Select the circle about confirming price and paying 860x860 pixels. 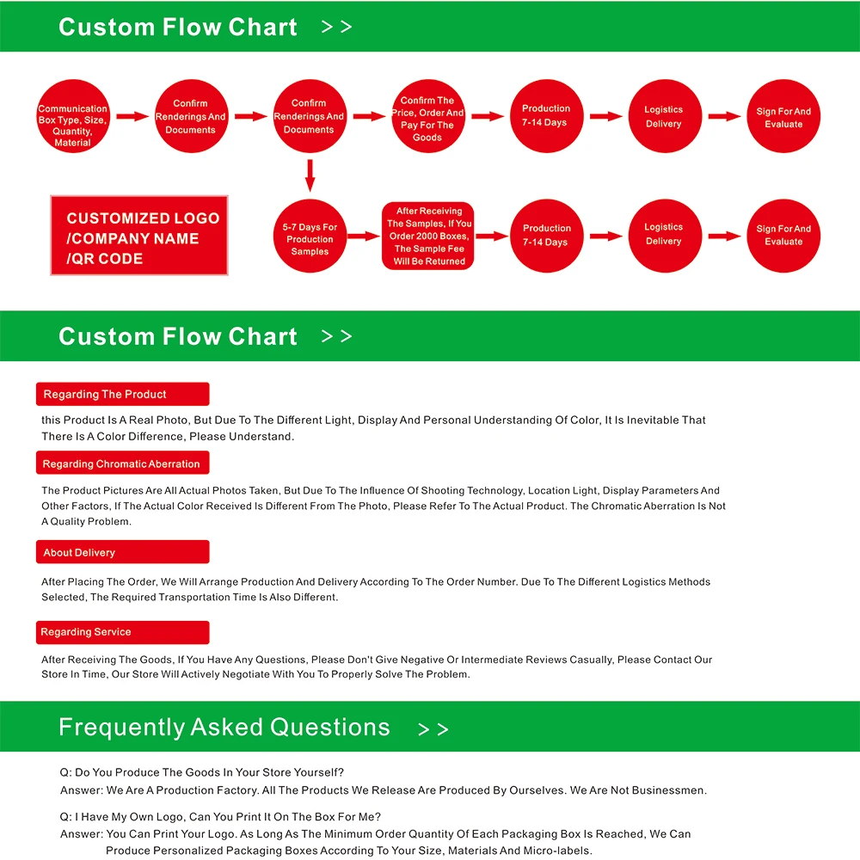point(427,117)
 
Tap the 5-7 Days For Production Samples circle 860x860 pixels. point(310,236)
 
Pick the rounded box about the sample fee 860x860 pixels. point(428,236)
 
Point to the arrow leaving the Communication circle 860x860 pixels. point(132,116)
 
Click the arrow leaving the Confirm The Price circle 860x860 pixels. point(487,116)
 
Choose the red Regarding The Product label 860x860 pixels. point(122,394)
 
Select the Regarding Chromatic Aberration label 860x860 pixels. point(122,464)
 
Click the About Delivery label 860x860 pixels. point(122,552)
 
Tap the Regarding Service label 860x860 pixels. point(122,632)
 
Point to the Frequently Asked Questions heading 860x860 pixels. point(224,728)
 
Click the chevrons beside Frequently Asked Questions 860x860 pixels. point(433,729)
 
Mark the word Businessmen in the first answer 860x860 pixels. point(674,790)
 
